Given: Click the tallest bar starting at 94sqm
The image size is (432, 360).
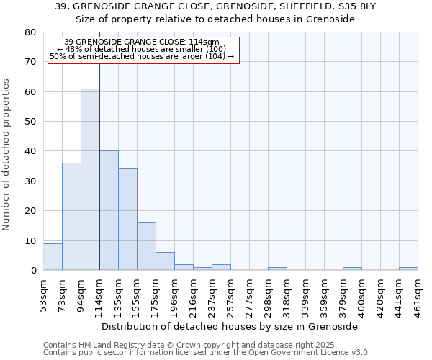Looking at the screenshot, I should tap(90, 179).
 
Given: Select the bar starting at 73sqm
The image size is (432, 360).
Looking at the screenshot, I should tap(71, 216).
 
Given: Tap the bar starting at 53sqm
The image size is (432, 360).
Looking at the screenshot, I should tap(53, 256).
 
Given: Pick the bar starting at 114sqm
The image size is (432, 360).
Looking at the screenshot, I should tap(109, 210).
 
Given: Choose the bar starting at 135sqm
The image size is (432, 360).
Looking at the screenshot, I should tap(127, 219).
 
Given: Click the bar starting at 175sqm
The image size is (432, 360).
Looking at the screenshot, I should tap(165, 261).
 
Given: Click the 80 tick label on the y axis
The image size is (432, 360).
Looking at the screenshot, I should tap(31, 32).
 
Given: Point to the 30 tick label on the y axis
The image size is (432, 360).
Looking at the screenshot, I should tap(31, 181).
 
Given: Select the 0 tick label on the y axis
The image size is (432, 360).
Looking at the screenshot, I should tap(34, 270).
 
